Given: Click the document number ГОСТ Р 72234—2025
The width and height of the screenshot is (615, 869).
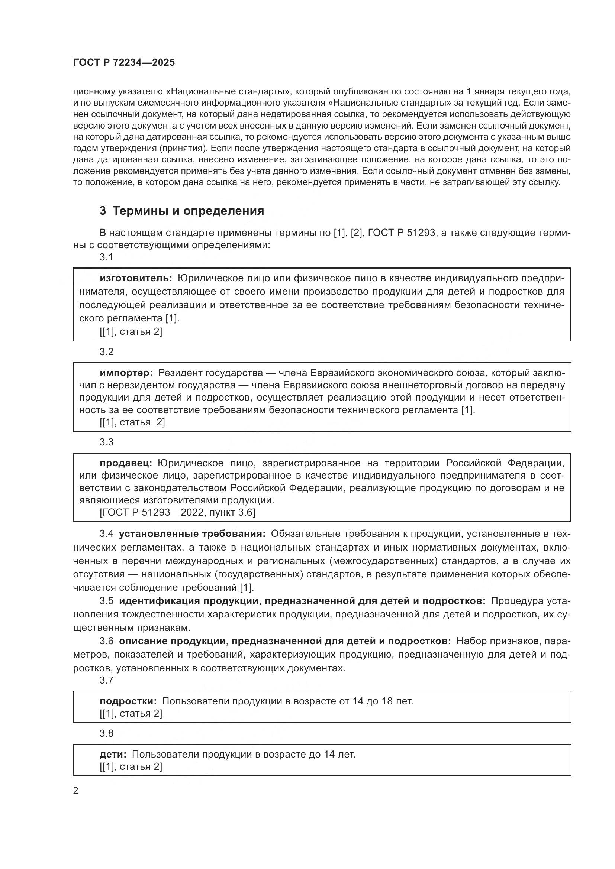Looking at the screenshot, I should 124,63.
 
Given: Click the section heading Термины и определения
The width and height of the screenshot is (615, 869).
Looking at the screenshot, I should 188,211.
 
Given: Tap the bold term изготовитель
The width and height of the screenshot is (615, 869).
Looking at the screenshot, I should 136,278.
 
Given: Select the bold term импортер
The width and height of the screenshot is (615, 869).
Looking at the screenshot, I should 126,373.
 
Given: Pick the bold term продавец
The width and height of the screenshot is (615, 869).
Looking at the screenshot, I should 126,463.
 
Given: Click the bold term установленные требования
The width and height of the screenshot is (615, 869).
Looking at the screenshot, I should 192,534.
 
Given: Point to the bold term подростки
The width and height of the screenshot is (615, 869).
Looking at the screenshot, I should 128,701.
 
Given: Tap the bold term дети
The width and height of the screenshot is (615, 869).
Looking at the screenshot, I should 113,754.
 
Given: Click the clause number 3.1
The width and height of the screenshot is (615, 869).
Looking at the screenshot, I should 106,257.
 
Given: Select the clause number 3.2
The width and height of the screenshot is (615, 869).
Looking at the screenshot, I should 106,351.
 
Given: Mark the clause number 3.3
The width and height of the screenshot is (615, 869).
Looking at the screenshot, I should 106,442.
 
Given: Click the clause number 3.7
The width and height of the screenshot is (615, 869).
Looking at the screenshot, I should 106,680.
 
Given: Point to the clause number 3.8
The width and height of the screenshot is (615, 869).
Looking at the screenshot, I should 106,733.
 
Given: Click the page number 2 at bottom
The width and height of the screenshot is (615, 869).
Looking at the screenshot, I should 76,790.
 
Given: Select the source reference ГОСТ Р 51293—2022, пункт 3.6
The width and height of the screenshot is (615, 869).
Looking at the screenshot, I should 177,512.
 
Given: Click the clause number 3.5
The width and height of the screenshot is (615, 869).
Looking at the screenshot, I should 106,601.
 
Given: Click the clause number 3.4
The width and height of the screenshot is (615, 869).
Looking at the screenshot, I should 106,534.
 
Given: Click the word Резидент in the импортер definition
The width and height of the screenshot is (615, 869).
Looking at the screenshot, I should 179,373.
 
